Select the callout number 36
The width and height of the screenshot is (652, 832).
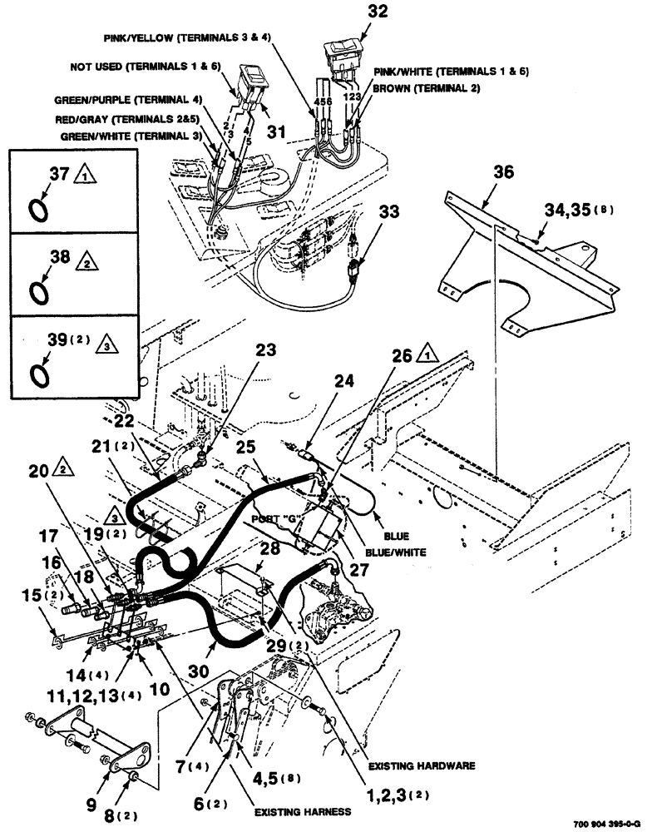[504, 172]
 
